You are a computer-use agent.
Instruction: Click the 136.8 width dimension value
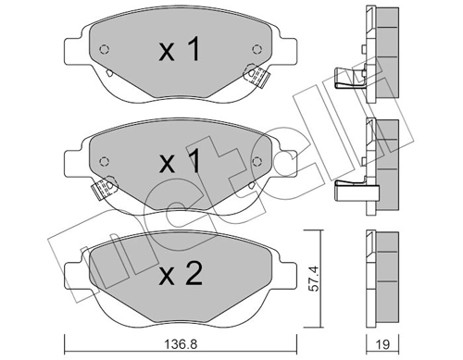pyautogui.click(x=181, y=344)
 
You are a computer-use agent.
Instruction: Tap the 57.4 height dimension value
pyautogui.click(x=314, y=279)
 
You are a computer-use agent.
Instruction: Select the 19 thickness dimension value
pyautogui.click(x=382, y=344)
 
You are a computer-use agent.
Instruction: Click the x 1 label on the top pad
pyautogui.click(x=180, y=50)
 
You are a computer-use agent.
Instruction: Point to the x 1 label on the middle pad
pyautogui.click(x=180, y=161)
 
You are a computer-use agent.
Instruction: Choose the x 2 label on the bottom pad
pyautogui.click(x=181, y=273)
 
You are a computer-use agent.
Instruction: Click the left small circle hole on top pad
pyautogui.click(x=105, y=49)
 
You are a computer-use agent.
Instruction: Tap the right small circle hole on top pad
pyautogui.click(x=257, y=49)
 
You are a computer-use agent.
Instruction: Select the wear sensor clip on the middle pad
pyautogui.click(x=105, y=188)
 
